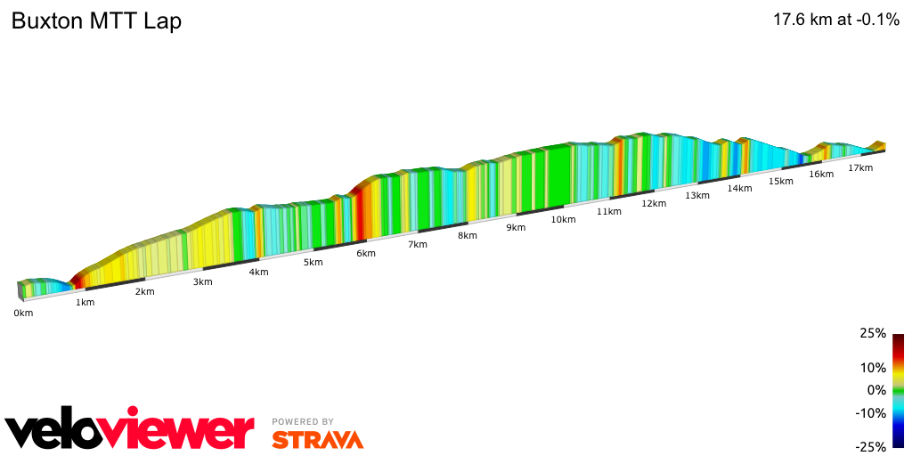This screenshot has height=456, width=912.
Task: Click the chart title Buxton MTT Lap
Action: pyautogui.click(x=96, y=21)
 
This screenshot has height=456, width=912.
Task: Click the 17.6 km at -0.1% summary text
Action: pyautogui.click(x=836, y=20)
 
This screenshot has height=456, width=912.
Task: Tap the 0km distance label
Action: pyautogui.click(x=23, y=313)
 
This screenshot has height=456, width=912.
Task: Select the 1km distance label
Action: pyautogui.click(x=85, y=303)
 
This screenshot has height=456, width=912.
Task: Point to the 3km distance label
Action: pyautogui.click(x=202, y=282)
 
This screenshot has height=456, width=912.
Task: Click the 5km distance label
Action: pyautogui.click(x=313, y=263)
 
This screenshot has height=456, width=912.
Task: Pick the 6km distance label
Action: pyautogui.click(x=365, y=254)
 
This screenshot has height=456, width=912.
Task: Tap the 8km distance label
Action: pyautogui.click(x=468, y=236)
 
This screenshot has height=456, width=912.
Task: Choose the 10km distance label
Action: pyautogui.click(x=563, y=220)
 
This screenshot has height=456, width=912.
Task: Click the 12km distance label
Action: pyautogui.click(x=653, y=204)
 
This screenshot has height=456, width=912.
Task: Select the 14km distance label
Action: pyautogui.click(x=739, y=189)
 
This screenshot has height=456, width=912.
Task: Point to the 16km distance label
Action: pyautogui.click(x=821, y=175)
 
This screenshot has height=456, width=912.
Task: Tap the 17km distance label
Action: pyautogui.click(x=860, y=168)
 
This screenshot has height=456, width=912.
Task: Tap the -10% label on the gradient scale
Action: pyautogui.click(x=870, y=413)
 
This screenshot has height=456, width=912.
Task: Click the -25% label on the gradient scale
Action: pyautogui.click(x=870, y=447)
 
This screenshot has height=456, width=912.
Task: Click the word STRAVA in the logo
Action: pyautogui.click(x=317, y=439)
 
